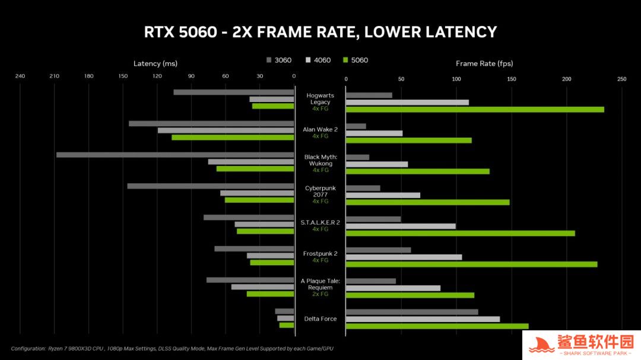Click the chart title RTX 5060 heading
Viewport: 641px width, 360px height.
pyautogui.click(x=320, y=31)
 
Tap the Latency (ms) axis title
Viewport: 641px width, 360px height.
pyautogui.click(x=156, y=63)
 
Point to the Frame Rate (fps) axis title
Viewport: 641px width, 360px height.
pyautogui.click(x=484, y=63)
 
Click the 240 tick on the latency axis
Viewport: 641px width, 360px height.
pyautogui.click(x=20, y=76)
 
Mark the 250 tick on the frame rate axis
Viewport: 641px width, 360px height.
pyautogui.click(x=621, y=79)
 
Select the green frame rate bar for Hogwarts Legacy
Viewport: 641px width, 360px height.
pyautogui.click(x=475, y=109)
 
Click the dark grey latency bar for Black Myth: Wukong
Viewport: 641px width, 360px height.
pyautogui.click(x=175, y=155)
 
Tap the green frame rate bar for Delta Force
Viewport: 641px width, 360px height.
pyautogui.click(x=437, y=326)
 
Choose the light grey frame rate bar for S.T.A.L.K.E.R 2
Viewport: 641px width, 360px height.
pyautogui.click(x=401, y=226)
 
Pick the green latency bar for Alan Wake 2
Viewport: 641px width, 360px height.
pyautogui.click(x=233, y=137)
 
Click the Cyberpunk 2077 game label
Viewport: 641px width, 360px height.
pyautogui.click(x=320, y=191)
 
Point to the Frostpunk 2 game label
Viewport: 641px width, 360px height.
pyautogui.click(x=320, y=253)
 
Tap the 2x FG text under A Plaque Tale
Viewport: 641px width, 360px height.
pyautogui.click(x=320, y=294)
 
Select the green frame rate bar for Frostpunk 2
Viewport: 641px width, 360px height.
pyautogui.click(x=471, y=264)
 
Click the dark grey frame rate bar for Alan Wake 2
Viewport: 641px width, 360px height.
pyautogui.click(x=356, y=126)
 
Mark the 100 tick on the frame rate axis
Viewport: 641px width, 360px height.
pyautogui.click(x=456, y=79)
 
